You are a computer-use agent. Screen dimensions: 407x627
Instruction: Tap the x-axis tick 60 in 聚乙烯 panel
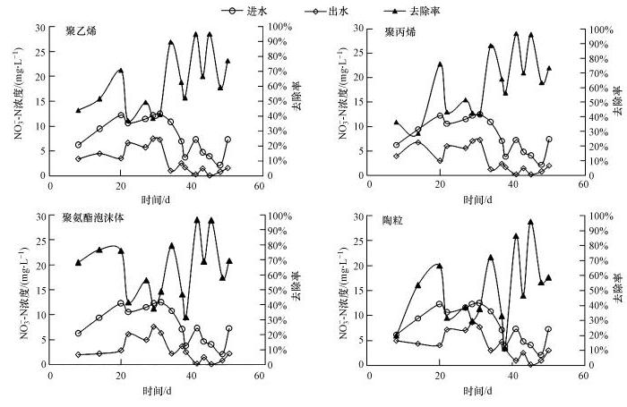point(259,186)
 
